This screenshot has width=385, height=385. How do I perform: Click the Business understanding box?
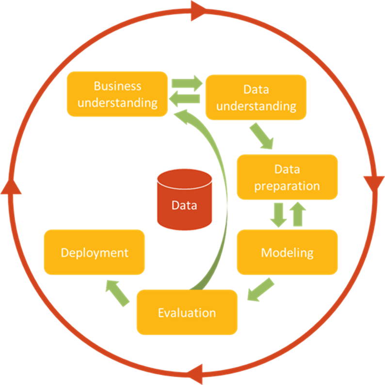click(117, 94)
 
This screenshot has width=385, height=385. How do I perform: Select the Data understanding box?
click(256, 97)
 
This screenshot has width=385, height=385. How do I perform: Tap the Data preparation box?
click(287, 177)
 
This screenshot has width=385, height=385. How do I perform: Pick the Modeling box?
click(287, 252)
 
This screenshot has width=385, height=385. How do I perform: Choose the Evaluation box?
click(187, 312)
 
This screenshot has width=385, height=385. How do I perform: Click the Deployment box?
click(95, 252)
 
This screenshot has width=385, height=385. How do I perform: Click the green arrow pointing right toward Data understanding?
click(187, 82)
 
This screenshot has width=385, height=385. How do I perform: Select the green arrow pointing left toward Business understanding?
click(184, 99)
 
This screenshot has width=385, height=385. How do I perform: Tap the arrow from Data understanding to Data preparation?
click(262, 136)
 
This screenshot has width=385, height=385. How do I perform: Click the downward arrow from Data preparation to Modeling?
click(278, 215)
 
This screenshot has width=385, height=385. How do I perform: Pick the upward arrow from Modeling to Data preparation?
click(297, 215)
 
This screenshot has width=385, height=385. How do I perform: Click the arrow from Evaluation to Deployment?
click(118, 292)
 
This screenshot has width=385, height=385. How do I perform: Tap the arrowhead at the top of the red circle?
click(198, 11)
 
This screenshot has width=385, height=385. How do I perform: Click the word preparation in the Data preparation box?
click(287, 186)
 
